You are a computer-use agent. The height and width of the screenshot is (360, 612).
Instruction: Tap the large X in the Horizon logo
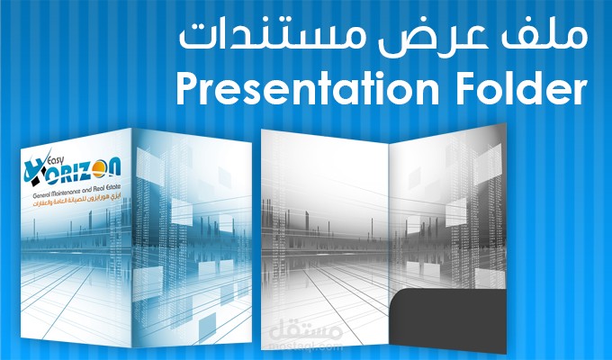tap(38, 168)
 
